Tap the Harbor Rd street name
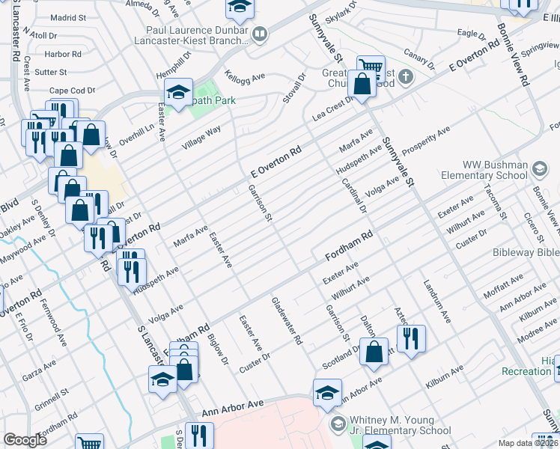(63, 54)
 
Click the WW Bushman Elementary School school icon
(538, 169)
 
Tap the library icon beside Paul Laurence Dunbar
(260, 32)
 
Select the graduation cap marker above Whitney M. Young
(327, 392)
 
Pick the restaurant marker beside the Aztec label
(410, 337)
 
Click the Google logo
(25, 440)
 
